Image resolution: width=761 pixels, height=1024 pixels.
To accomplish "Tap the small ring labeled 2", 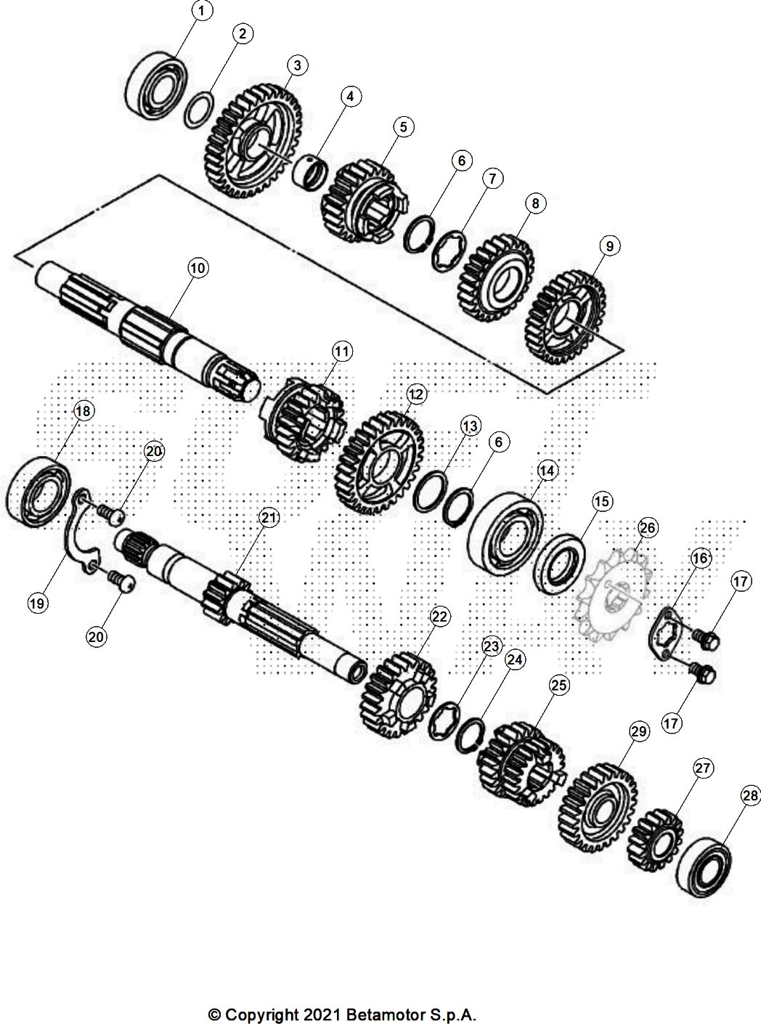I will (x=198, y=109).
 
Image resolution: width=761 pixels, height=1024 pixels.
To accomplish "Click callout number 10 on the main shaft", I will (x=197, y=268).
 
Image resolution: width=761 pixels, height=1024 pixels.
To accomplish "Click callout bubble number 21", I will (x=269, y=518).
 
